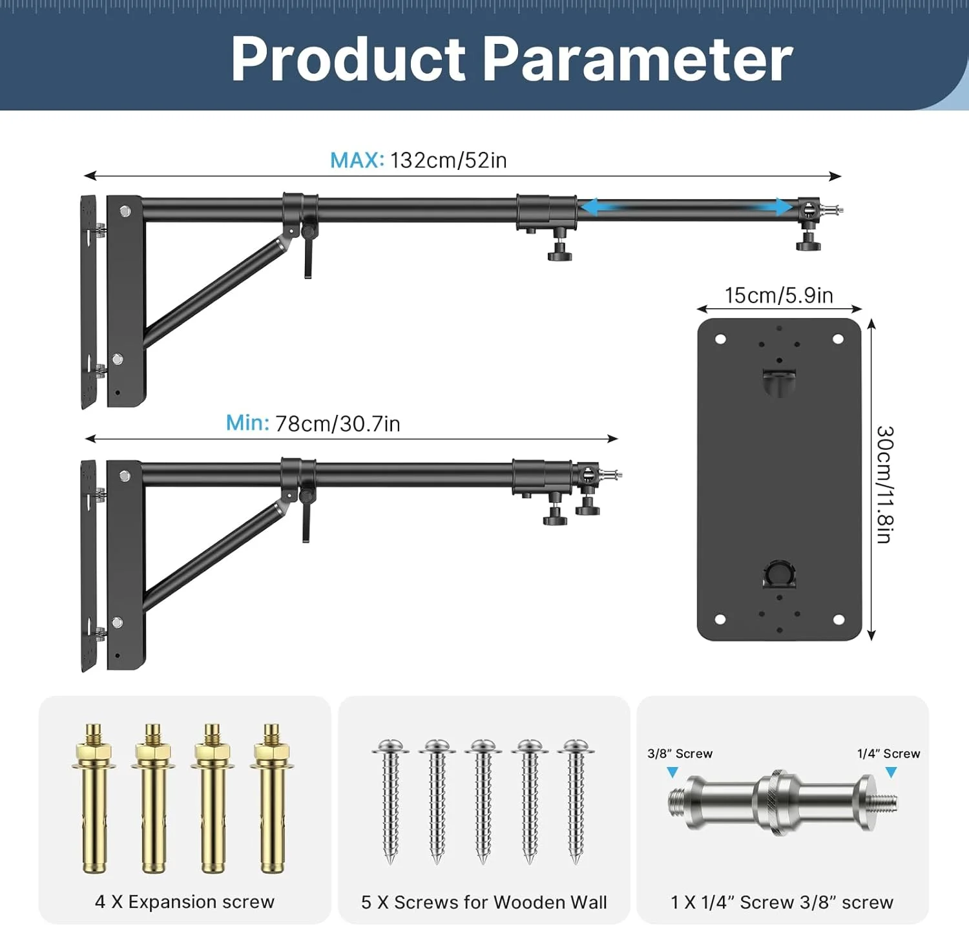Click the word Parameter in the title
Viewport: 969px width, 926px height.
click(637, 59)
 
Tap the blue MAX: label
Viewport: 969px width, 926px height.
click(357, 160)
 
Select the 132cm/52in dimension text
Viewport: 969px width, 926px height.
click(448, 160)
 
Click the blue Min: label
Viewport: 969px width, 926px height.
click(247, 423)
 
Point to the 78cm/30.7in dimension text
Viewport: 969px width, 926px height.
click(338, 424)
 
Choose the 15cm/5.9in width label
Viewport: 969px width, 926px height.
click(778, 295)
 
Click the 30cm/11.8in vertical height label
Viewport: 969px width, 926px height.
click(885, 484)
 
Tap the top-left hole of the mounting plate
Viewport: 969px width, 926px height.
click(720, 339)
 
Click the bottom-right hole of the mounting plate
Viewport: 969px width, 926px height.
click(839, 620)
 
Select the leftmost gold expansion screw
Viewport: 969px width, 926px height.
click(94, 799)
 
